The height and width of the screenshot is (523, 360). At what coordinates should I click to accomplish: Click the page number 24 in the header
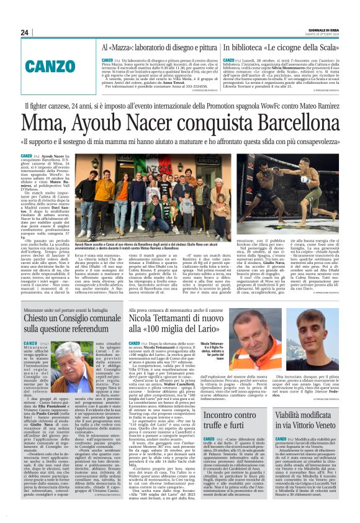(x=24, y=32)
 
